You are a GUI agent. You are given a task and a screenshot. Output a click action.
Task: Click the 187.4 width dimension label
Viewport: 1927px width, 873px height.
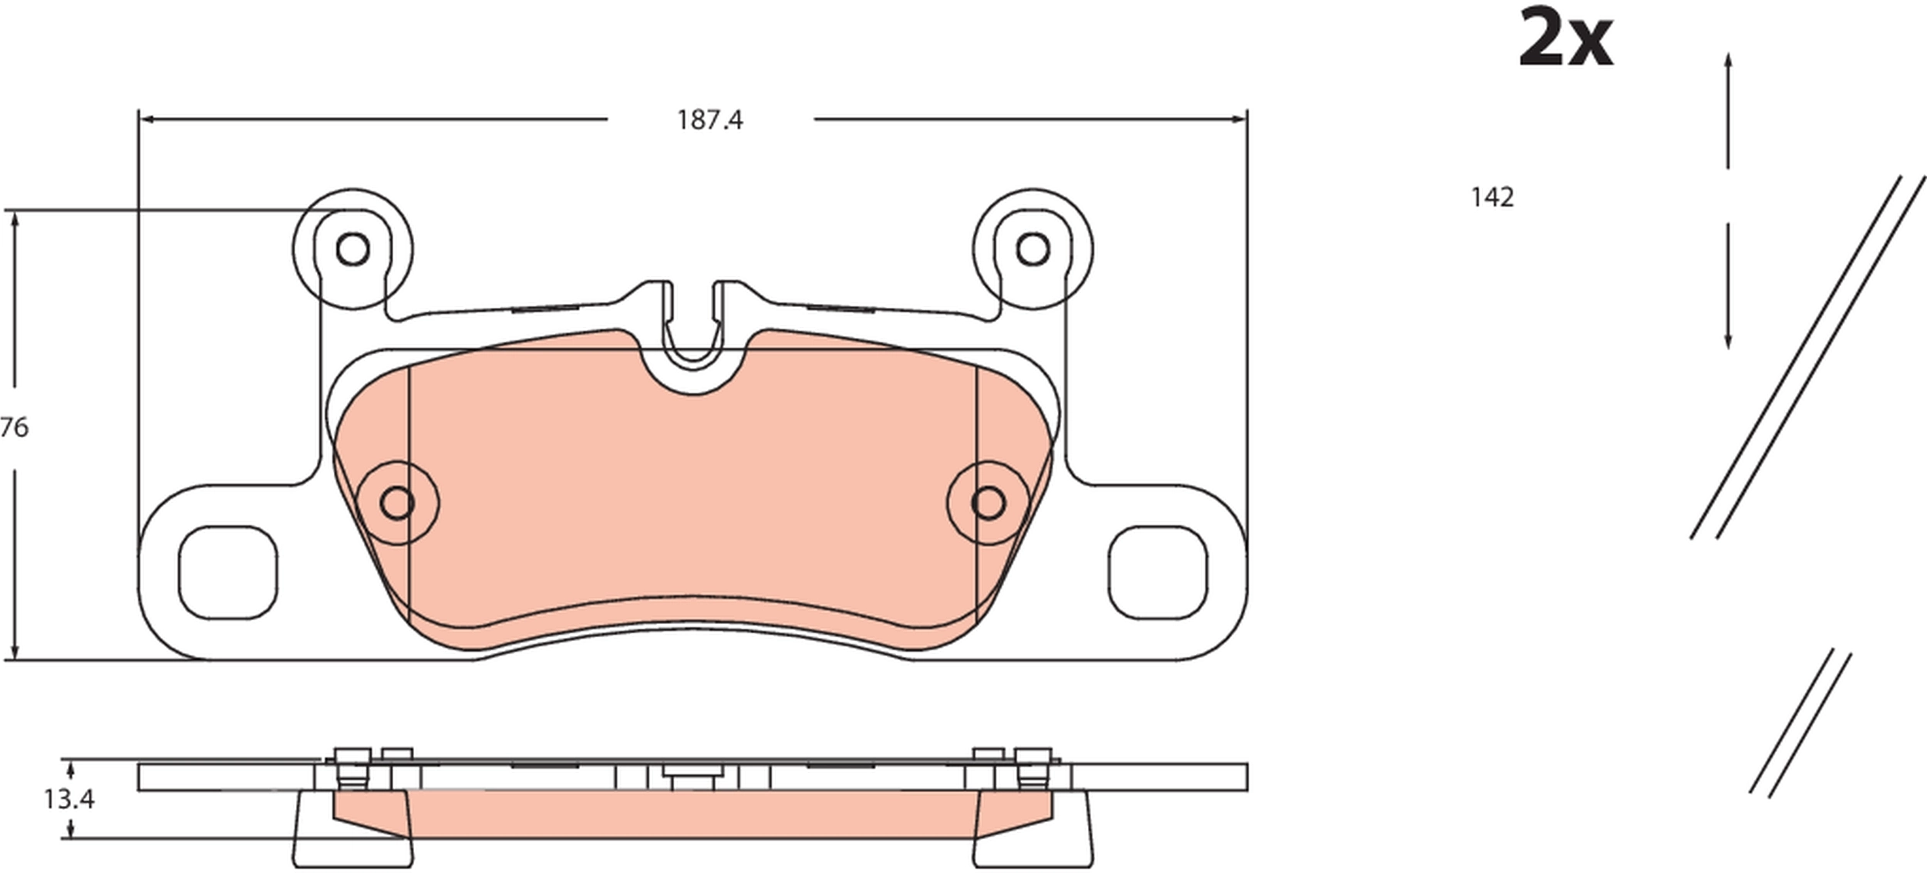pos(709,120)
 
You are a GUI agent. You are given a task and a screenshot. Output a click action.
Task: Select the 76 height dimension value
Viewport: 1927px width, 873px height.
pos(14,427)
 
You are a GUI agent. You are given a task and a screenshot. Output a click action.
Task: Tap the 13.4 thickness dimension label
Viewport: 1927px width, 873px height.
pos(69,800)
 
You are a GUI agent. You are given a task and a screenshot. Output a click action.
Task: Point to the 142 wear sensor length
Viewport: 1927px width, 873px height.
pos(1492,197)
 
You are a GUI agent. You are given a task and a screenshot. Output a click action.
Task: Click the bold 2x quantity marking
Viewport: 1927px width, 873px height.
pos(1565,39)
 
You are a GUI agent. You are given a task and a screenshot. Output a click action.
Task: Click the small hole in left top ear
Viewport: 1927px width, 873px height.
pos(353,249)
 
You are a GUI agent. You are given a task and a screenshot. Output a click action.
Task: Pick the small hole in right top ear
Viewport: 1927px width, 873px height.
pos(1033,249)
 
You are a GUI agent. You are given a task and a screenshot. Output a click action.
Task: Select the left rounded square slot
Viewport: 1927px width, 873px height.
pos(227,572)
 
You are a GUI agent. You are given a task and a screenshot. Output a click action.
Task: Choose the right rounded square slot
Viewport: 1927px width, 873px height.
pos(1157,572)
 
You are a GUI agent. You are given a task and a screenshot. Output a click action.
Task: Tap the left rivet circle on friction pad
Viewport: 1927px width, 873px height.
pos(397,503)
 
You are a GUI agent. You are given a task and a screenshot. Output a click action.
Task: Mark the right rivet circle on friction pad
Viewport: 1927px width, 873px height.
pos(988,503)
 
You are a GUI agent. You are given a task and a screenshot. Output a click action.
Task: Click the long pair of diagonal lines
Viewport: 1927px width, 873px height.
pos(1808,359)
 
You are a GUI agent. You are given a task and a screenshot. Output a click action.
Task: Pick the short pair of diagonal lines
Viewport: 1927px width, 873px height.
pos(1801,723)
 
